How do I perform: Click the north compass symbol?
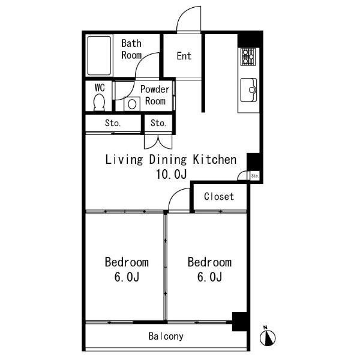pyautogui.click(x=268, y=338)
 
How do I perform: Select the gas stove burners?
pyautogui.click(x=247, y=57)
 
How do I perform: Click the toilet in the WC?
pyautogui.click(x=100, y=103)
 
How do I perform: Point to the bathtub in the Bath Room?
pyautogui.click(x=99, y=55)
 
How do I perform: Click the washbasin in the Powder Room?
pyautogui.click(x=131, y=104)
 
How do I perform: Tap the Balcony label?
pyautogui.click(x=166, y=337)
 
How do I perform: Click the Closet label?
pyautogui.click(x=218, y=197)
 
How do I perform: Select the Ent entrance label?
pyautogui.click(x=184, y=56)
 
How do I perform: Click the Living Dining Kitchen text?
pyautogui.click(x=172, y=160)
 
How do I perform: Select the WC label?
pyautogui.click(x=99, y=86)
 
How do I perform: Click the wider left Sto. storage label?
pyautogui.click(x=113, y=123)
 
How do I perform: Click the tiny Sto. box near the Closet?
pyautogui.click(x=254, y=176)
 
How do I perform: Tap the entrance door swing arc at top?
pyautogui.click(x=190, y=18)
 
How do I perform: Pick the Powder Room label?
pyautogui.click(x=155, y=95)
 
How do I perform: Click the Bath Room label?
pyautogui.click(x=131, y=49)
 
